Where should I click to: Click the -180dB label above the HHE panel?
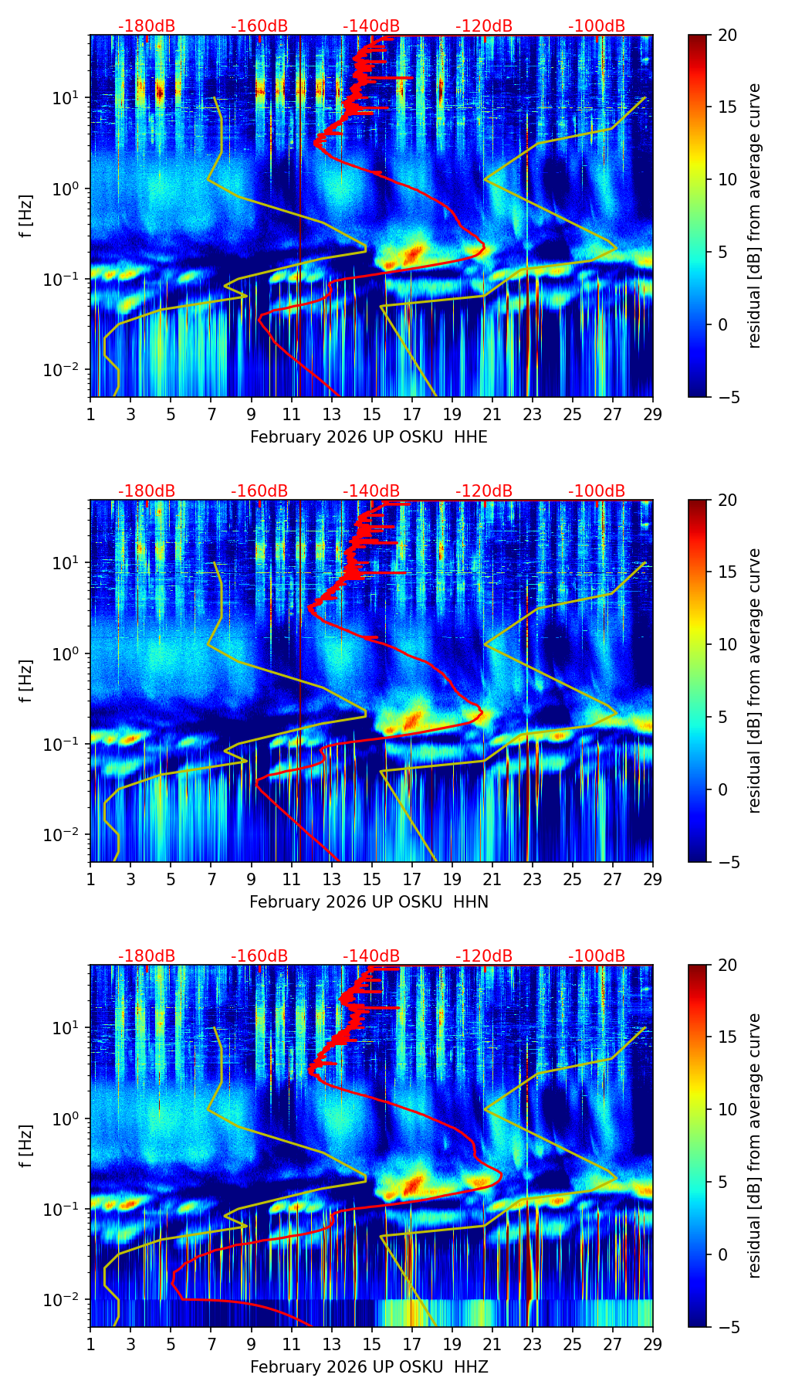point(147,26)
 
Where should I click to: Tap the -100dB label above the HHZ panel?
point(597,956)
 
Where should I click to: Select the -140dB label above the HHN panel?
point(371,491)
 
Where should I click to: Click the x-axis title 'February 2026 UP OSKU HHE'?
point(369,437)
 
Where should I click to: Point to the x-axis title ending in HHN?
point(369,902)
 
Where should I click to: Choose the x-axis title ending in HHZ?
point(369,1367)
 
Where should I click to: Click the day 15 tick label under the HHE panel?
point(372,415)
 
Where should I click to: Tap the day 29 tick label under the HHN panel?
point(653,880)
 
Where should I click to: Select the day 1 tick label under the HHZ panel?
point(90,1345)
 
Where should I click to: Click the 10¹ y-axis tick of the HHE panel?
point(64,98)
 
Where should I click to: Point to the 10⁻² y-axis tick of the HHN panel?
point(60,836)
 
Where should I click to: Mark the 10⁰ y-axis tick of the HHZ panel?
point(64,1119)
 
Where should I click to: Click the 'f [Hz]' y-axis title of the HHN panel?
point(26,681)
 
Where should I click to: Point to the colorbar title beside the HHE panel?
point(755,216)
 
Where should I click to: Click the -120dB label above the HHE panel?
point(484,26)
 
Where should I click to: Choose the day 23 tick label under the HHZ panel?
point(533,1345)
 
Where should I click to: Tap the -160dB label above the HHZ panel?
point(259,956)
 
